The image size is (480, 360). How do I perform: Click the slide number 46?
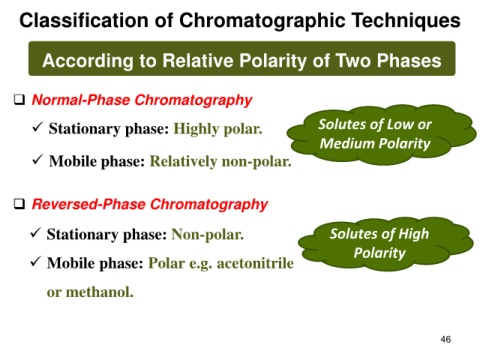point(446,339)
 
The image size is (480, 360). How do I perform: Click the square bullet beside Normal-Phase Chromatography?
point(20,99)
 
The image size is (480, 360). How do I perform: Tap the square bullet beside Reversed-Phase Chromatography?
point(20,203)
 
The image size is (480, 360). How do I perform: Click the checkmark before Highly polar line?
point(37,126)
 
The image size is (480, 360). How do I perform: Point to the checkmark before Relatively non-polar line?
point(37,159)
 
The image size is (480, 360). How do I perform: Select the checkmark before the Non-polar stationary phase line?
point(35,232)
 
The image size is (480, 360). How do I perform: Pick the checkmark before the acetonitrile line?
point(35,261)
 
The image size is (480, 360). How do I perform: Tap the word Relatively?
point(183,162)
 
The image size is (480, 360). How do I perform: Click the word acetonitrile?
point(255,263)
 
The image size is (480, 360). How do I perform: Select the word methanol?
point(100,292)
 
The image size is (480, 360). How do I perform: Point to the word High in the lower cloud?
point(414,234)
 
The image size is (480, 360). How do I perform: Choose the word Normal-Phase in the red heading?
point(81,100)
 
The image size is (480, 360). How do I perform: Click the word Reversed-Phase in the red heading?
point(89,204)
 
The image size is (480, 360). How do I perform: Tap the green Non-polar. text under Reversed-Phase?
point(208,235)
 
